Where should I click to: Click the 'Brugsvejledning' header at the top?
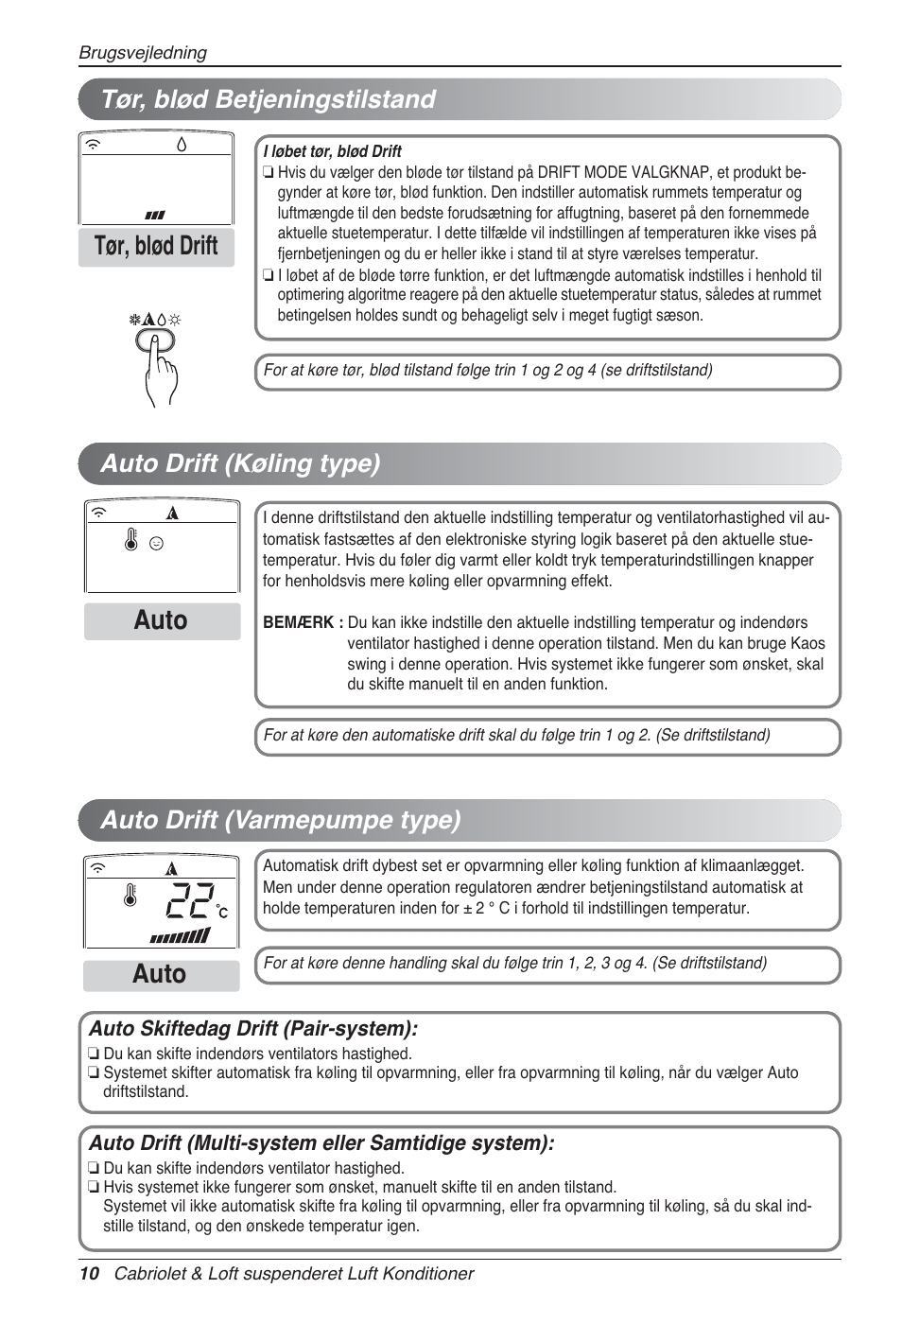point(143,53)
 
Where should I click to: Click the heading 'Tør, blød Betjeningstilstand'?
point(268,99)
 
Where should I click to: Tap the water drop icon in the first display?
point(182,144)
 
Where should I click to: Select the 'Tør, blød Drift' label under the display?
point(156,247)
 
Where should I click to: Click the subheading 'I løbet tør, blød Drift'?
point(332,151)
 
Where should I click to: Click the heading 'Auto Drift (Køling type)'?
point(240,463)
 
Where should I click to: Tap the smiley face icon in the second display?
point(157,544)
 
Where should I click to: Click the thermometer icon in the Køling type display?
point(131,540)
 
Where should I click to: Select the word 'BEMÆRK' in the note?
point(298,622)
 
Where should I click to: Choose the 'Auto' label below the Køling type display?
point(161,621)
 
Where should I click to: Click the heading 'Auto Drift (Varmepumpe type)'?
point(280,820)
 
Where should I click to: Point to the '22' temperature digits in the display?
point(190,901)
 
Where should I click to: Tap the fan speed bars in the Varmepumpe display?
point(180,936)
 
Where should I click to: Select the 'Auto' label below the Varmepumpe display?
point(160,975)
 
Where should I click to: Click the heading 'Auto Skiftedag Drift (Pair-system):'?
point(253,1029)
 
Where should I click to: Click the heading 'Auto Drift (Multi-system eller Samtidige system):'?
point(321,1143)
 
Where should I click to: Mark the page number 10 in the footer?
point(89,1274)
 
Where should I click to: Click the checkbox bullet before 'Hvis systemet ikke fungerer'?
point(94,1188)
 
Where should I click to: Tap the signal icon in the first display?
point(94,145)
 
